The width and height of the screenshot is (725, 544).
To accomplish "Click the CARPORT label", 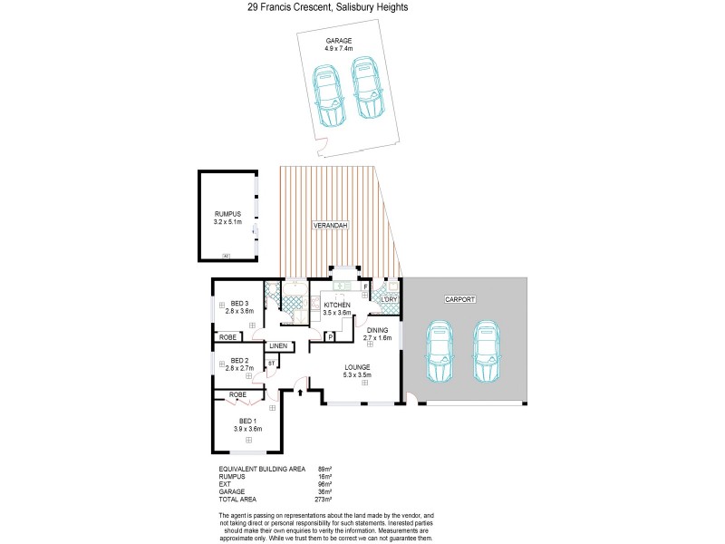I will (x=460, y=298).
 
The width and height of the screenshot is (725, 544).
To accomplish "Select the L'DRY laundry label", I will (x=390, y=298).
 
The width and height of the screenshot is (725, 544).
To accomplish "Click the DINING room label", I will (x=378, y=330).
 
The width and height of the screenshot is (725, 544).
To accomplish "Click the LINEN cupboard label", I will (x=278, y=346).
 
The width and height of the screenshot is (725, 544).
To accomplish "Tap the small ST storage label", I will (x=270, y=364).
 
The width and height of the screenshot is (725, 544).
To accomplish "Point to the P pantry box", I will (x=331, y=336).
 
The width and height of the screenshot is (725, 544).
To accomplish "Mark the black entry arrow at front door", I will (x=300, y=392).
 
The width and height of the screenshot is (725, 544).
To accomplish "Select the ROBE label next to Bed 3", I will (x=227, y=336).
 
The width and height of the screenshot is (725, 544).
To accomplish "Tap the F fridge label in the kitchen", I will (x=364, y=287).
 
